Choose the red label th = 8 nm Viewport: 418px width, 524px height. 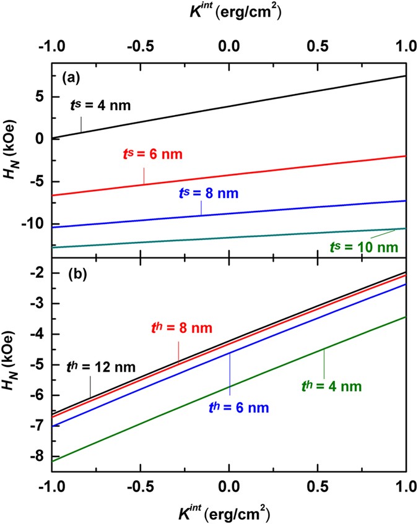tap(180, 329)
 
